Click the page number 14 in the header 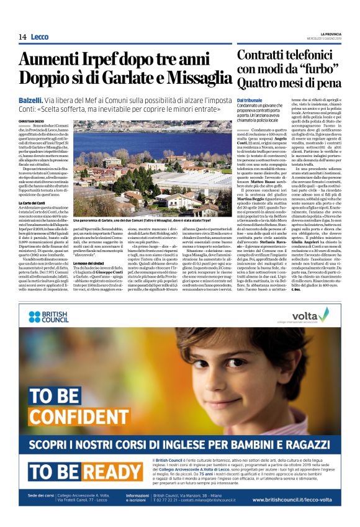coord(22,37)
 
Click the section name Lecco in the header coord(40,37)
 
